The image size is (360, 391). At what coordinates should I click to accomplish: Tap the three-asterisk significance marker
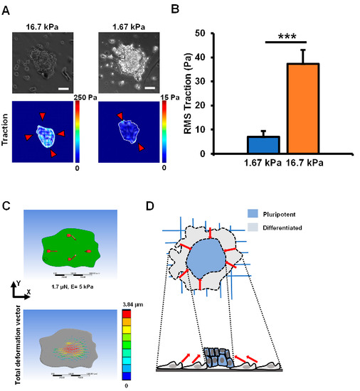click(280, 35)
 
